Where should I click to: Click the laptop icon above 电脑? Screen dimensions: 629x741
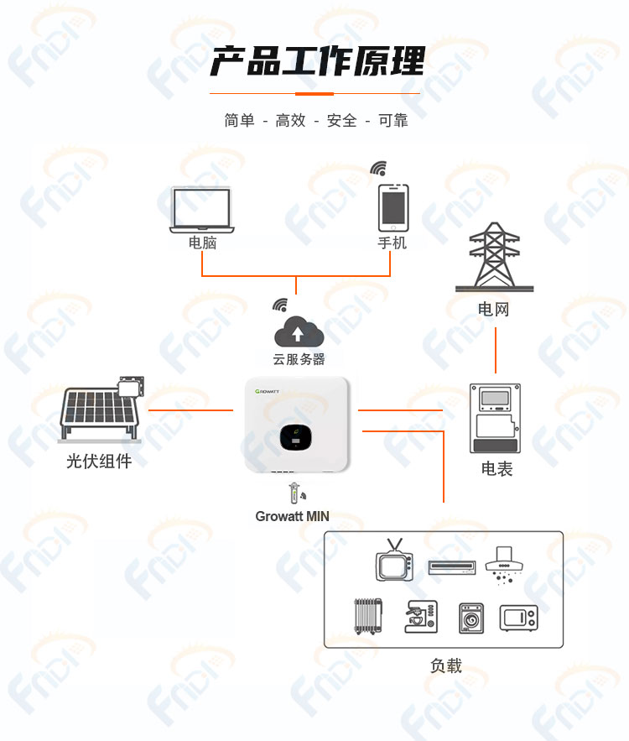tap(201, 210)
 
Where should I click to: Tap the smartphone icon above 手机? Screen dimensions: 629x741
tap(392, 208)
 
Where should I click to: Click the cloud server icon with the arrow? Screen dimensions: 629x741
tap(299, 331)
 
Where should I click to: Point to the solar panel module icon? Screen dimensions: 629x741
tap(101, 410)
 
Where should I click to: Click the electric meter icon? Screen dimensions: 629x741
tap(495, 418)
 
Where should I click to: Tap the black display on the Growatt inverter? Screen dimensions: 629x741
tap(295, 437)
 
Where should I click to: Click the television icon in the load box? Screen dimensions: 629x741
tap(394, 560)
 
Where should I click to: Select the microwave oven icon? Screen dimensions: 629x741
tap(518, 618)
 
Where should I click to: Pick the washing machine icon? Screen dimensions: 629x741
tap(471, 618)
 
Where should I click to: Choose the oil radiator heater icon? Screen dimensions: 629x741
tap(368, 616)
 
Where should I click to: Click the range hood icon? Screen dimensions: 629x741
tap(504, 565)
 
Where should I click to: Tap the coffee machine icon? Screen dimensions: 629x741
tap(421, 616)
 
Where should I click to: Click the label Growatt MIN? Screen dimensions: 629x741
tap(293, 516)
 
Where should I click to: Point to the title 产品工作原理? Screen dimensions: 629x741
tap(317, 61)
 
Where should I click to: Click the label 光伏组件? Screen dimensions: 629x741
tap(99, 461)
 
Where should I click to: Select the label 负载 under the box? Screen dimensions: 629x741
tap(446, 665)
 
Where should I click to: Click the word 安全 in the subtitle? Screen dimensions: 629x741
tap(341, 121)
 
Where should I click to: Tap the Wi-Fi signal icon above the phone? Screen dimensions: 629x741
tap(378, 168)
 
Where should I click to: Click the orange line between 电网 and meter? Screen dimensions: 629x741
tap(496, 350)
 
